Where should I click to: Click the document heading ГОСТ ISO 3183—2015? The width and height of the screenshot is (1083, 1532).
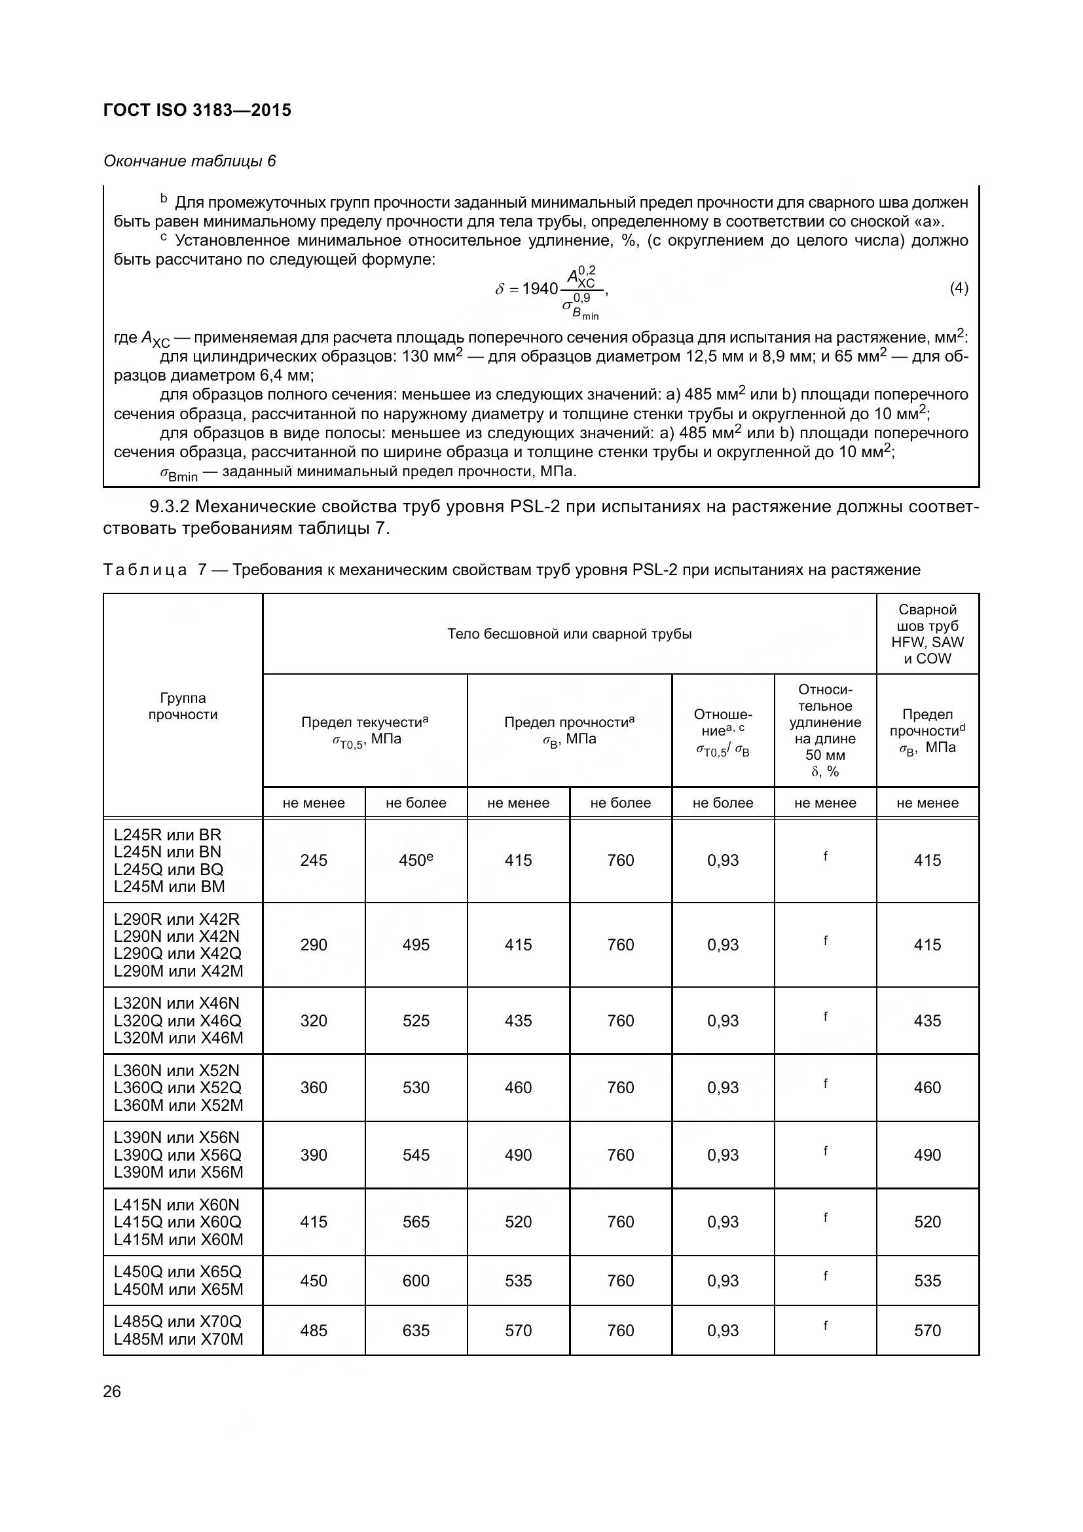pos(197,110)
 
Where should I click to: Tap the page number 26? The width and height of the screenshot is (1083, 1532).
pos(112,1391)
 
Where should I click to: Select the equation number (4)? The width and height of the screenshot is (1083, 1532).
pos(959,288)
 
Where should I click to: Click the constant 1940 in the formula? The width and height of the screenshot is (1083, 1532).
pos(540,289)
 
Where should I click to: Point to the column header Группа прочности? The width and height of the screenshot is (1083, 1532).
pos(183,706)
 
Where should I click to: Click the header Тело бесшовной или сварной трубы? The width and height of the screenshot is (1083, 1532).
pos(569,634)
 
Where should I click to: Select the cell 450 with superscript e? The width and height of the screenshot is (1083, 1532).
pos(416,860)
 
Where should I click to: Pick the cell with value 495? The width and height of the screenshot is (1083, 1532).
pos(416,945)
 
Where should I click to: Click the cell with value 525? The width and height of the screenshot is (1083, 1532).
pos(416,1020)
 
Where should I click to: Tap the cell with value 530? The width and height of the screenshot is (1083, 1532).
pos(416,1088)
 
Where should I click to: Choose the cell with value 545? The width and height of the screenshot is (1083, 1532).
pos(416,1155)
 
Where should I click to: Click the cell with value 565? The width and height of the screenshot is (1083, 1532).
pos(416,1222)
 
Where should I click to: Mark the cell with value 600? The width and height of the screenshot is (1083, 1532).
pos(416,1280)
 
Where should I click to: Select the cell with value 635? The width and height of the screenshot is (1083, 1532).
pos(416,1330)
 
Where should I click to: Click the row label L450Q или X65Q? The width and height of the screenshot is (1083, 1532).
pos(177,1272)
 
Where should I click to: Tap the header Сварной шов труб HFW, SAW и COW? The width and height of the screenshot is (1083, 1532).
pos(927,634)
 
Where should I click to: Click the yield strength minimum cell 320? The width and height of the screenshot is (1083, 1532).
pos(314,1020)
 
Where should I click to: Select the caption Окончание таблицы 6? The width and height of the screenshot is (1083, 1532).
pos(189,162)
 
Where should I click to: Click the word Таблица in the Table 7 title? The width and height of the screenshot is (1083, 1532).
pos(145,570)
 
